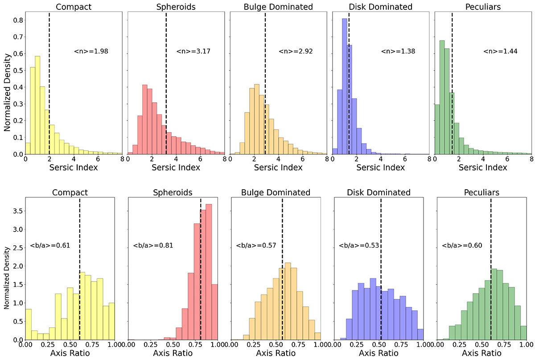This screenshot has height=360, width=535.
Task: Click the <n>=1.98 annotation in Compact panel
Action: pos(91,51)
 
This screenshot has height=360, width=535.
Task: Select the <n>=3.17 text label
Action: pos(193,51)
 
